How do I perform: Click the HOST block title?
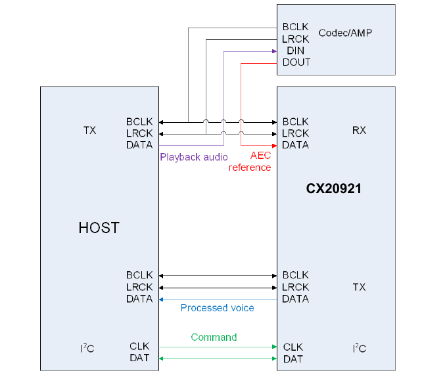click(99, 228)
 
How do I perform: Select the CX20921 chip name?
click(334, 188)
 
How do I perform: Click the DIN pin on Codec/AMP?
click(295, 51)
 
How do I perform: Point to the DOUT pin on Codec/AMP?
click(296, 62)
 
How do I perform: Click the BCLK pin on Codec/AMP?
click(295, 27)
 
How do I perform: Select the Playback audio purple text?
click(194, 157)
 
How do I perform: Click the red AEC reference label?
click(250, 162)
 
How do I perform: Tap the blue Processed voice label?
click(217, 308)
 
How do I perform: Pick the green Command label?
click(214, 337)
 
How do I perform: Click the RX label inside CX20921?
click(359, 130)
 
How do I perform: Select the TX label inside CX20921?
click(359, 287)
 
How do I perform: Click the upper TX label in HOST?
click(90, 130)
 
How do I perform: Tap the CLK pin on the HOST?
click(139, 347)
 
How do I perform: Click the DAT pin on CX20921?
click(293, 359)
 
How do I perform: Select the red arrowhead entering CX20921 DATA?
click(273, 145)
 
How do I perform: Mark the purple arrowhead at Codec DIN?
click(273, 51)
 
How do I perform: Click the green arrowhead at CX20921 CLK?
click(273, 347)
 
